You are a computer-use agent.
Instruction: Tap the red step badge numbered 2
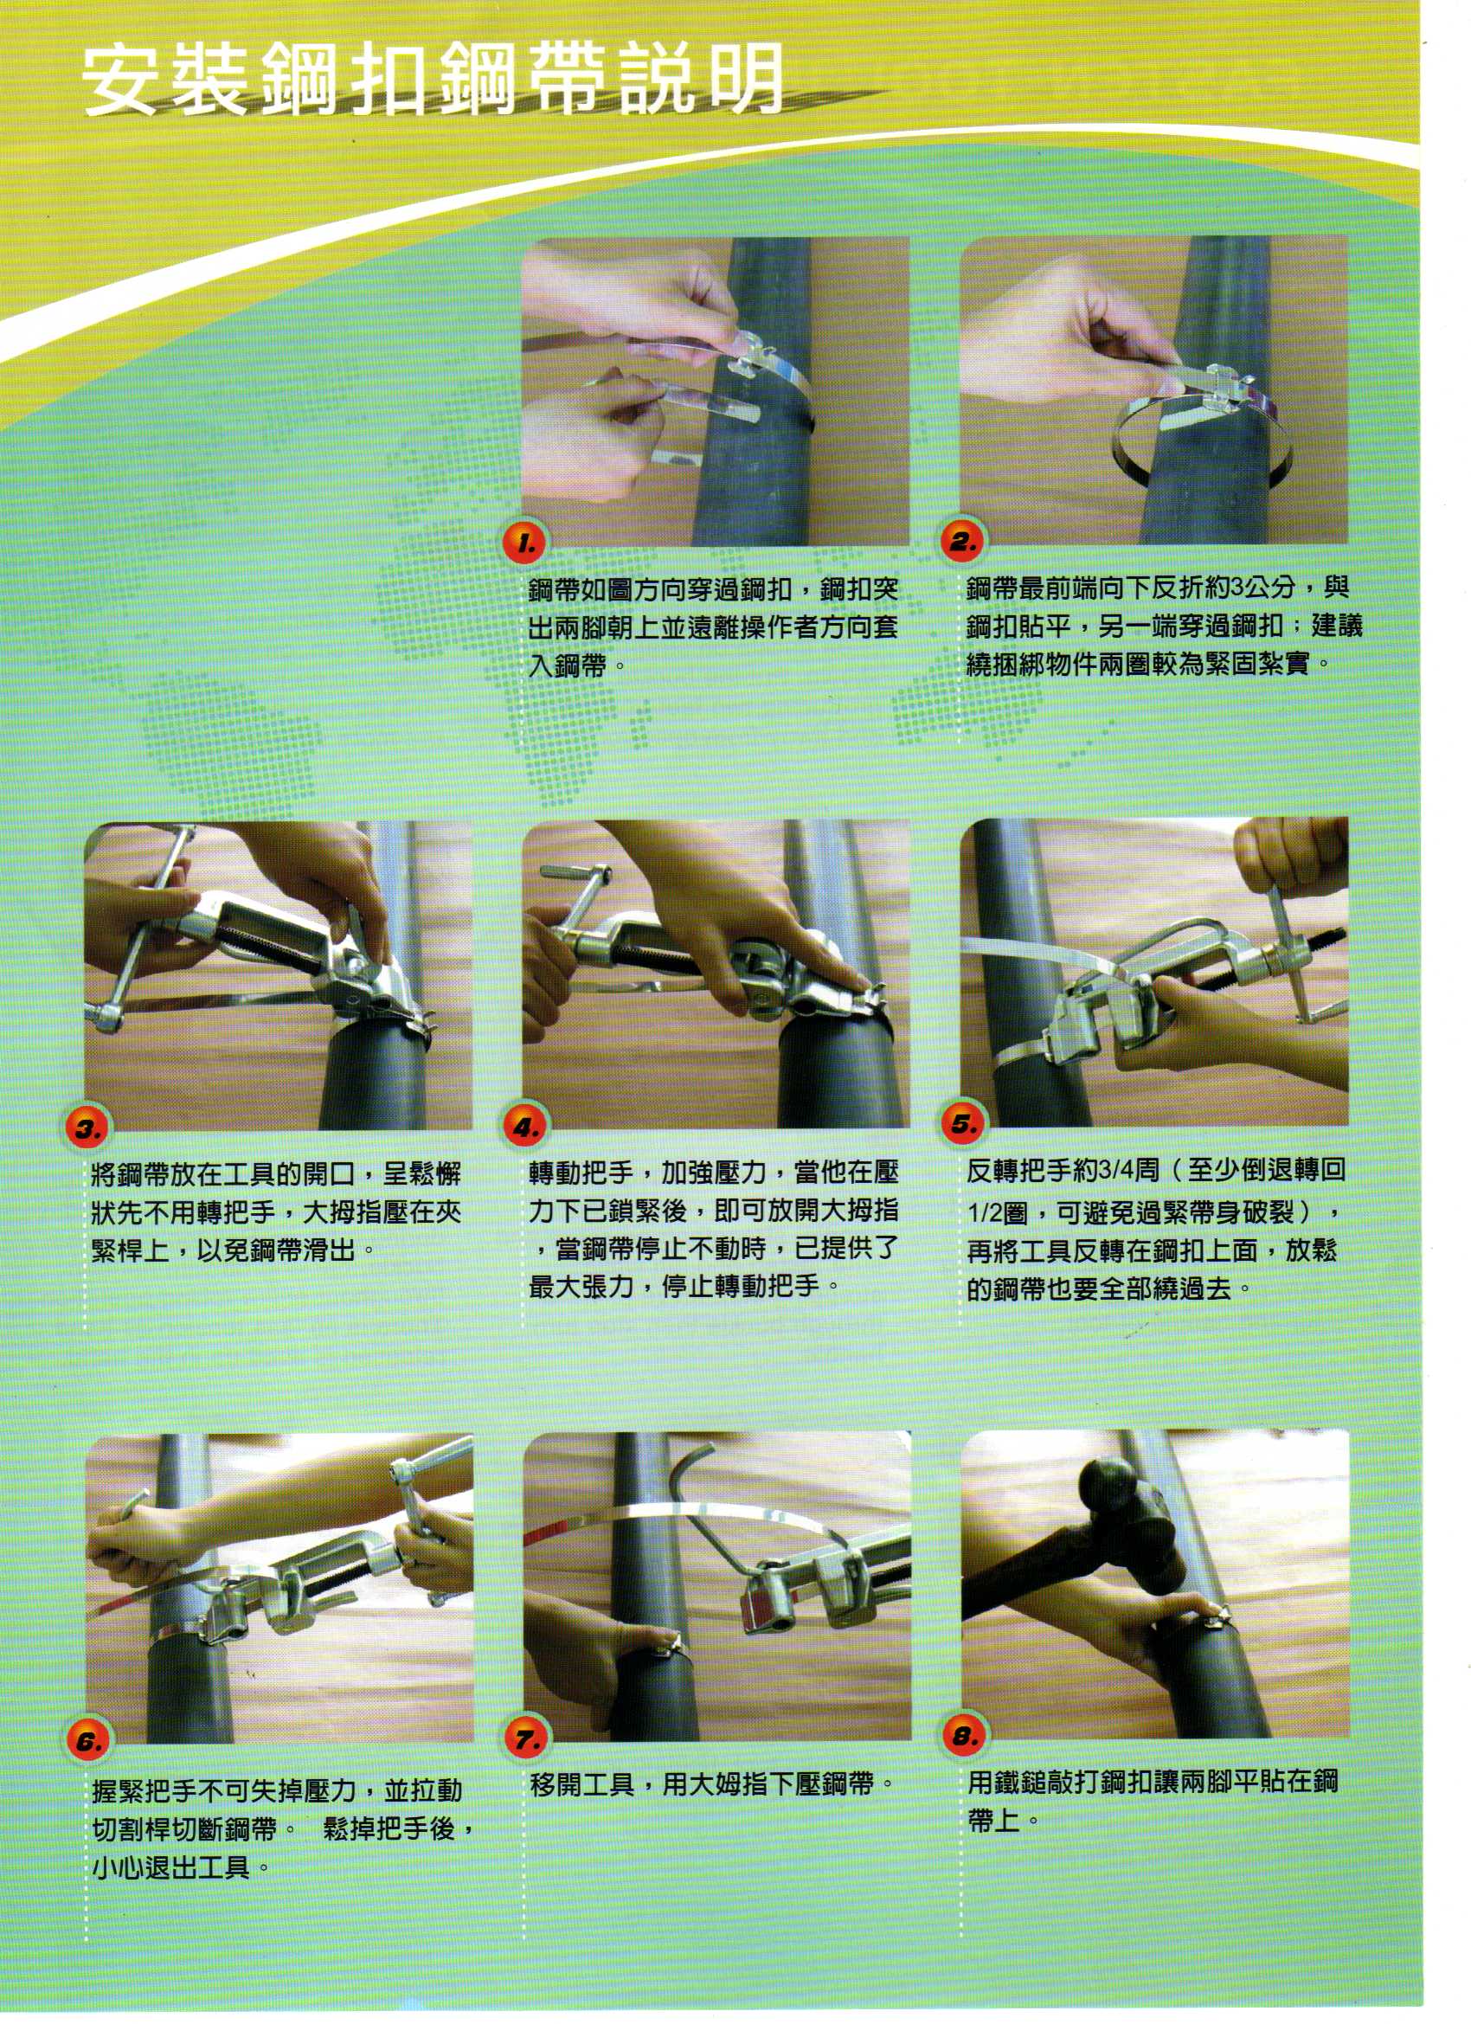(962, 543)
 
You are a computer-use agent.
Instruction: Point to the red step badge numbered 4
(526, 1128)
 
